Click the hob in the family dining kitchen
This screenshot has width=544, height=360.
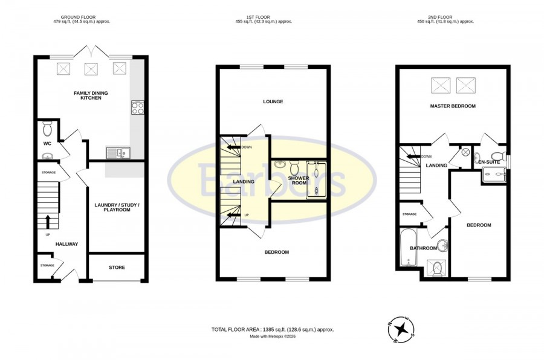(138, 108)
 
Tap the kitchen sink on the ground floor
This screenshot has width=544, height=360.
(118, 153)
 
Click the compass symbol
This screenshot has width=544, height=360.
(401, 328)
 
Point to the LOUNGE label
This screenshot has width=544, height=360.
(273, 101)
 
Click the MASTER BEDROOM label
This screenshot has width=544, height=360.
(453, 106)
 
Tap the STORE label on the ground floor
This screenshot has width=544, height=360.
(117, 268)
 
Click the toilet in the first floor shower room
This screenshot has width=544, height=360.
(294, 168)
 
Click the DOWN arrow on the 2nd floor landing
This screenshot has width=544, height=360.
(413, 156)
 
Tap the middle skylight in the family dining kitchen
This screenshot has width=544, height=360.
(91, 69)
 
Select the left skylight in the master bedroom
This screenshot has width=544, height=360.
(441, 86)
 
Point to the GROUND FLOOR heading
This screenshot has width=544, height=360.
(78, 17)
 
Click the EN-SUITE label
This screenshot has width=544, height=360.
(489, 162)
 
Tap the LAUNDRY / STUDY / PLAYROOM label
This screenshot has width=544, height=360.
(117, 207)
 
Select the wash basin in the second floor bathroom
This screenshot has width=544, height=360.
(442, 246)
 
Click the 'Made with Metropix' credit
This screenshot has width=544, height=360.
(273, 336)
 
